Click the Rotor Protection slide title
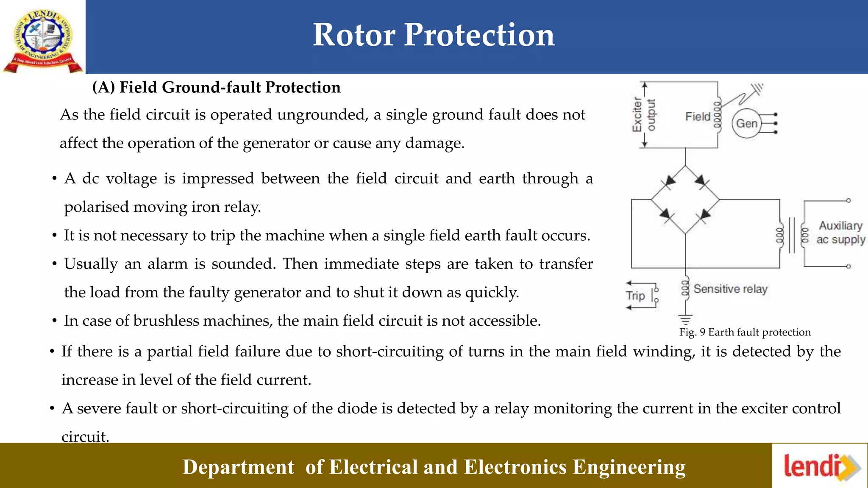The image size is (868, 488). click(434, 35)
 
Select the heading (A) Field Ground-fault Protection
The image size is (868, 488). click(217, 87)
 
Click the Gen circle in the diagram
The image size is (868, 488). click(746, 123)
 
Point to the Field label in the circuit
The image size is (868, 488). click(697, 116)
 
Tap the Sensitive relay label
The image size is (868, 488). click(730, 289)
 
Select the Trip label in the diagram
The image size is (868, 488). click(635, 295)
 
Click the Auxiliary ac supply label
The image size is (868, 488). click(840, 233)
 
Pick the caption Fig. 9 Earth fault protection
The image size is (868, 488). click(745, 332)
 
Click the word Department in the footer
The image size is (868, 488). click(238, 467)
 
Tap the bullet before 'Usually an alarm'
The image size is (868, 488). click(54, 264)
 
